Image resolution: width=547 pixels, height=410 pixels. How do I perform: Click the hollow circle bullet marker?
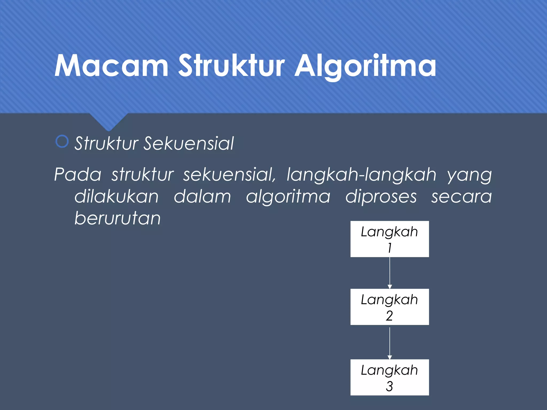(x=62, y=142)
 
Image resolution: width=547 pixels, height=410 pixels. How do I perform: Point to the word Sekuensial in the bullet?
(x=189, y=144)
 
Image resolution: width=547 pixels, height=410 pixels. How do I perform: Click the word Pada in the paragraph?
(x=78, y=175)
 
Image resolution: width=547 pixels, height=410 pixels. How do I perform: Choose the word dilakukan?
(x=116, y=197)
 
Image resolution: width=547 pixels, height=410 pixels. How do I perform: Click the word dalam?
(x=202, y=197)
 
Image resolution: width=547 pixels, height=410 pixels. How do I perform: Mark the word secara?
(x=461, y=197)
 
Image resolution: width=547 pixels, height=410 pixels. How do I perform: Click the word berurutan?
(x=118, y=218)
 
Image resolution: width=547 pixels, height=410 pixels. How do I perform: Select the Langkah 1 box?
(x=389, y=239)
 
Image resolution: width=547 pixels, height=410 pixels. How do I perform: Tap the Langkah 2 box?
(x=389, y=307)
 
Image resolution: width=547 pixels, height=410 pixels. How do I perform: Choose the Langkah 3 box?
(x=389, y=377)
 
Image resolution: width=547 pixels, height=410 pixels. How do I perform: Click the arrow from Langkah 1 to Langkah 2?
(x=390, y=273)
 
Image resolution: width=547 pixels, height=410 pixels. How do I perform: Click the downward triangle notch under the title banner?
(x=108, y=121)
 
